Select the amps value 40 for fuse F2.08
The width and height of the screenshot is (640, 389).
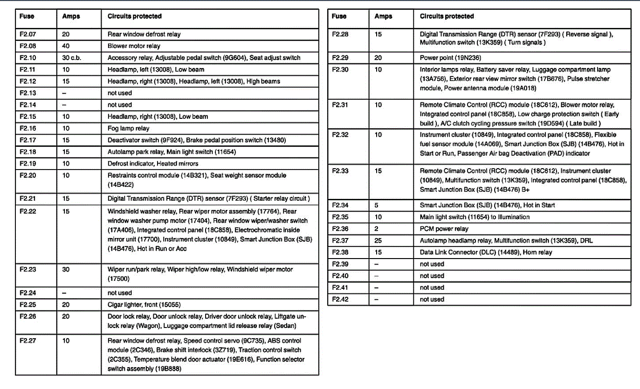tap(65, 46)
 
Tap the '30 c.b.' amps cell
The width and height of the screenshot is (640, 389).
tap(72, 58)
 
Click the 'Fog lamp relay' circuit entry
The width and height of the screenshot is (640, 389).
tap(128, 128)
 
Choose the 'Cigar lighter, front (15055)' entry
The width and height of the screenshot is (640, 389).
tap(144, 305)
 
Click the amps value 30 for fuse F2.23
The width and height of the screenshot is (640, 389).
tap(65, 269)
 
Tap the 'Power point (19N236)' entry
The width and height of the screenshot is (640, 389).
tap(450, 58)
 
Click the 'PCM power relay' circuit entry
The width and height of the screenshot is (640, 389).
tap(444, 229)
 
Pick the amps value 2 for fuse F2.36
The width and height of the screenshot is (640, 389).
tap(376, 229)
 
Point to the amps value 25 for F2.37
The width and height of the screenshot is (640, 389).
tap(378, 240)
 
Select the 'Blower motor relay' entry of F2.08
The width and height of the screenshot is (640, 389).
tap(134, 46)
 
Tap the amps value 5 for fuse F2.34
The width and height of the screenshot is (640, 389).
tap(376, 205)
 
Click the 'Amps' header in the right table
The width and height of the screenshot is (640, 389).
tap(383, 16)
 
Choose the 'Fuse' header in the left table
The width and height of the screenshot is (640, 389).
tap(27, 16)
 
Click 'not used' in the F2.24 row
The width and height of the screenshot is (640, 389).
tap(120, 293)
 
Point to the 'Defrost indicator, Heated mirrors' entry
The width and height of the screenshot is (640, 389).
tap(153, 164)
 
